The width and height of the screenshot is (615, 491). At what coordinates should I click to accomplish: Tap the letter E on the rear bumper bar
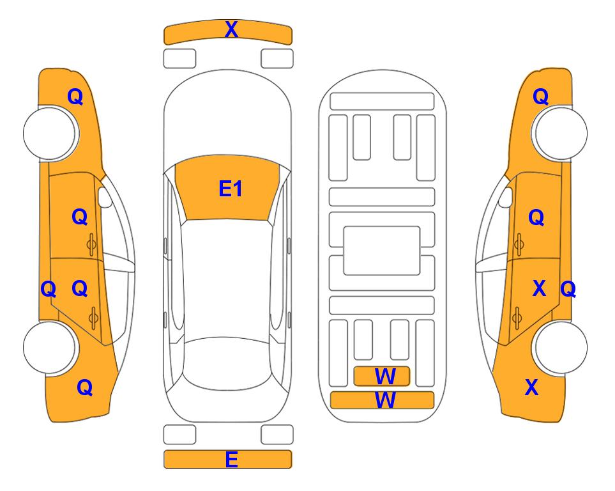(231, 459)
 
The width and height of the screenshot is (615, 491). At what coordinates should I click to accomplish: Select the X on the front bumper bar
(231, 29)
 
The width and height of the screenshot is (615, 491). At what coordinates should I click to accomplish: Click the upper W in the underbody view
(385, 377)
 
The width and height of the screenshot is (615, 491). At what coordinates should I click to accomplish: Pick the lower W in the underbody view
(385, 400)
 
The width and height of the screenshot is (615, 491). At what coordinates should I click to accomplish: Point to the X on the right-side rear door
(539, 288)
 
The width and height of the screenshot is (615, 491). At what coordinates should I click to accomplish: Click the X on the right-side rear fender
(531, 387)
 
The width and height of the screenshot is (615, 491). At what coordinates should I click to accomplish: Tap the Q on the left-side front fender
(75, 97)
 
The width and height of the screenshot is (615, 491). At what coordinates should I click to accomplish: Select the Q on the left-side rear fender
(85, 387)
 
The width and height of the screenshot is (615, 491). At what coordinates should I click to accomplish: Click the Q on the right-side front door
(536, 217)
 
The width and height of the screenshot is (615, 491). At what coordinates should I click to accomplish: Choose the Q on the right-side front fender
(540, 97)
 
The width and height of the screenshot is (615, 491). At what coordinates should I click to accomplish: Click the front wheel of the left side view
(49, 134)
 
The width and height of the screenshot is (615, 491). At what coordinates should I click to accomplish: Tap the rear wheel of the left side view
(49, 347)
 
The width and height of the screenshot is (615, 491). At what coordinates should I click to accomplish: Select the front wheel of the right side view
(561, 134)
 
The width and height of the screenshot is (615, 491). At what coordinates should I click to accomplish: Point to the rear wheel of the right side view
(561, 347)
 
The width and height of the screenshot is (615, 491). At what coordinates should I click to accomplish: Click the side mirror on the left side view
(105, 197)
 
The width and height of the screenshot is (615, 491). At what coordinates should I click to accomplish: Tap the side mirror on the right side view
(506, 197)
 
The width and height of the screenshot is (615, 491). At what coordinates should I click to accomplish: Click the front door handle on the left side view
(91, 244)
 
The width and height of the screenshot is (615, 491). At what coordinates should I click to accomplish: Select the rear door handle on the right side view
(517, 318)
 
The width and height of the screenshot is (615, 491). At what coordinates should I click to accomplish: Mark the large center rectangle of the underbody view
(382, 251)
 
